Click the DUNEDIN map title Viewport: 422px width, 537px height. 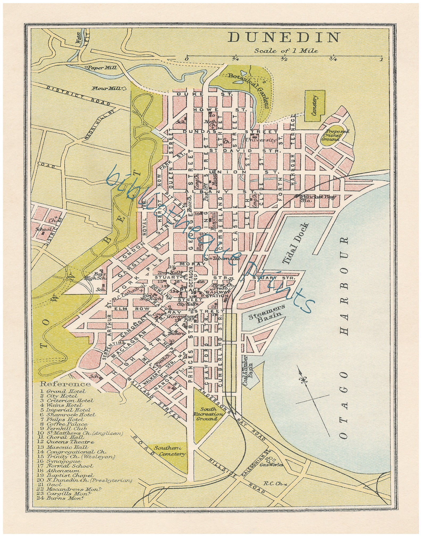pos(284,37)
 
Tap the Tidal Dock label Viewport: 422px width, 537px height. pos(296,243)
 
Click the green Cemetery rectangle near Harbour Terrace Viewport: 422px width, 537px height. pos(314,105)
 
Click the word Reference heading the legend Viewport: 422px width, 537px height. pos(65,384)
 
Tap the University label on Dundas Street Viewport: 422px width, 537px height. pos(261,140)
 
